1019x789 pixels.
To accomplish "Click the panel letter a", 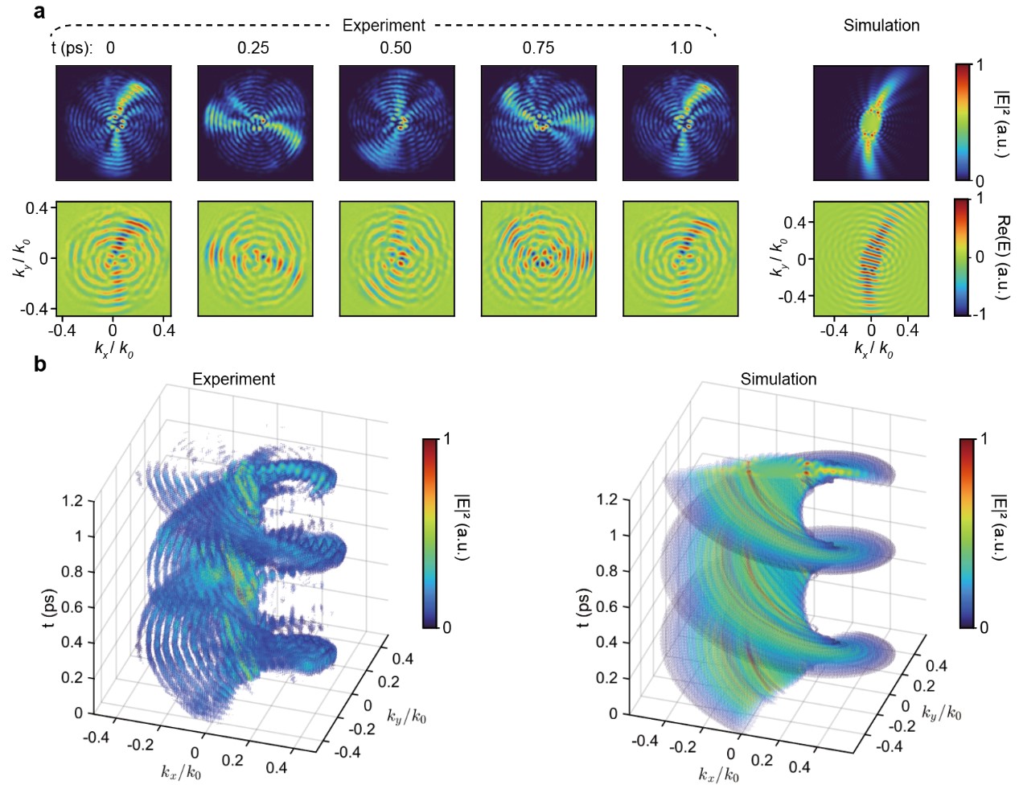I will click(39, 11).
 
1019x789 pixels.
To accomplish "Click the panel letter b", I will click(40, 364).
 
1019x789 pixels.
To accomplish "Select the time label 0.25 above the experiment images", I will click(253, 48).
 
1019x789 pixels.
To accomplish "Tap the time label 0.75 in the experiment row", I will click(538, 48).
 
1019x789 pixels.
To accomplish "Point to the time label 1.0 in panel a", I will click(680, 48).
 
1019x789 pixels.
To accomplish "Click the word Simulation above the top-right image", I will click(881, 26).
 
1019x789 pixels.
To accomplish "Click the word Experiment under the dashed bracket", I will click(384, 26).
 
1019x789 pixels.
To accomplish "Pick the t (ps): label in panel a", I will click(72, 48).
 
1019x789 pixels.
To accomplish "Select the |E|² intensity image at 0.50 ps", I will click(397, 123).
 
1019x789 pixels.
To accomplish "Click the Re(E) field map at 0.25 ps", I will click(255, 258).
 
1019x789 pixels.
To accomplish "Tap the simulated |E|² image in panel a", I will click(870, 123).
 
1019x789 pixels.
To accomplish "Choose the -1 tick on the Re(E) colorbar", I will click(979, 314).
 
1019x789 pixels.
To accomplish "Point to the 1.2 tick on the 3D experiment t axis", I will click(72, 501).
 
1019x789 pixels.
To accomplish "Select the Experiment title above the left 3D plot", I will click(233, 379).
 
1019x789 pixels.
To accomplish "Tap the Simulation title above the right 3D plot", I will click(778, 379).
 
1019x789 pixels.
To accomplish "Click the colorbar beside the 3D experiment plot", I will click(430, 532).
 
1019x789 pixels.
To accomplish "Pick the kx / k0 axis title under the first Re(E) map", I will click(113, 349).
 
